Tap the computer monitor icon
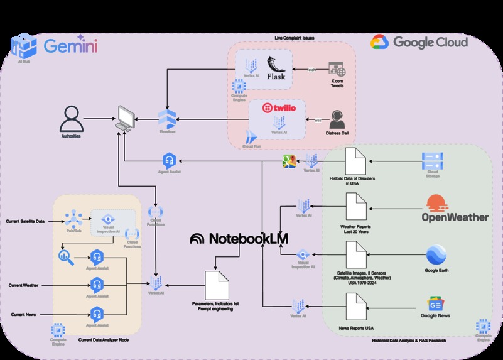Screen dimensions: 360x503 click(124, 118)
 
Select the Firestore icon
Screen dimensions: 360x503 click(167, 118)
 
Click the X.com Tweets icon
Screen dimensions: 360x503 click(337, 69)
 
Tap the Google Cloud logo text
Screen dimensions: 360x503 click(430, 42)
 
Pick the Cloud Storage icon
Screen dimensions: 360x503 click(433, 160)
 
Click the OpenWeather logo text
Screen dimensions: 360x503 click(455, 217)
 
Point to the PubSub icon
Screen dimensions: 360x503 click(73, 219)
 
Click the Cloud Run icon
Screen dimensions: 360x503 click(251, 139)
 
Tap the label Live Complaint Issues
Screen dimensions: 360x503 click(295, 38)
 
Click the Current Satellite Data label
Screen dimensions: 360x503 click(25, 221)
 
